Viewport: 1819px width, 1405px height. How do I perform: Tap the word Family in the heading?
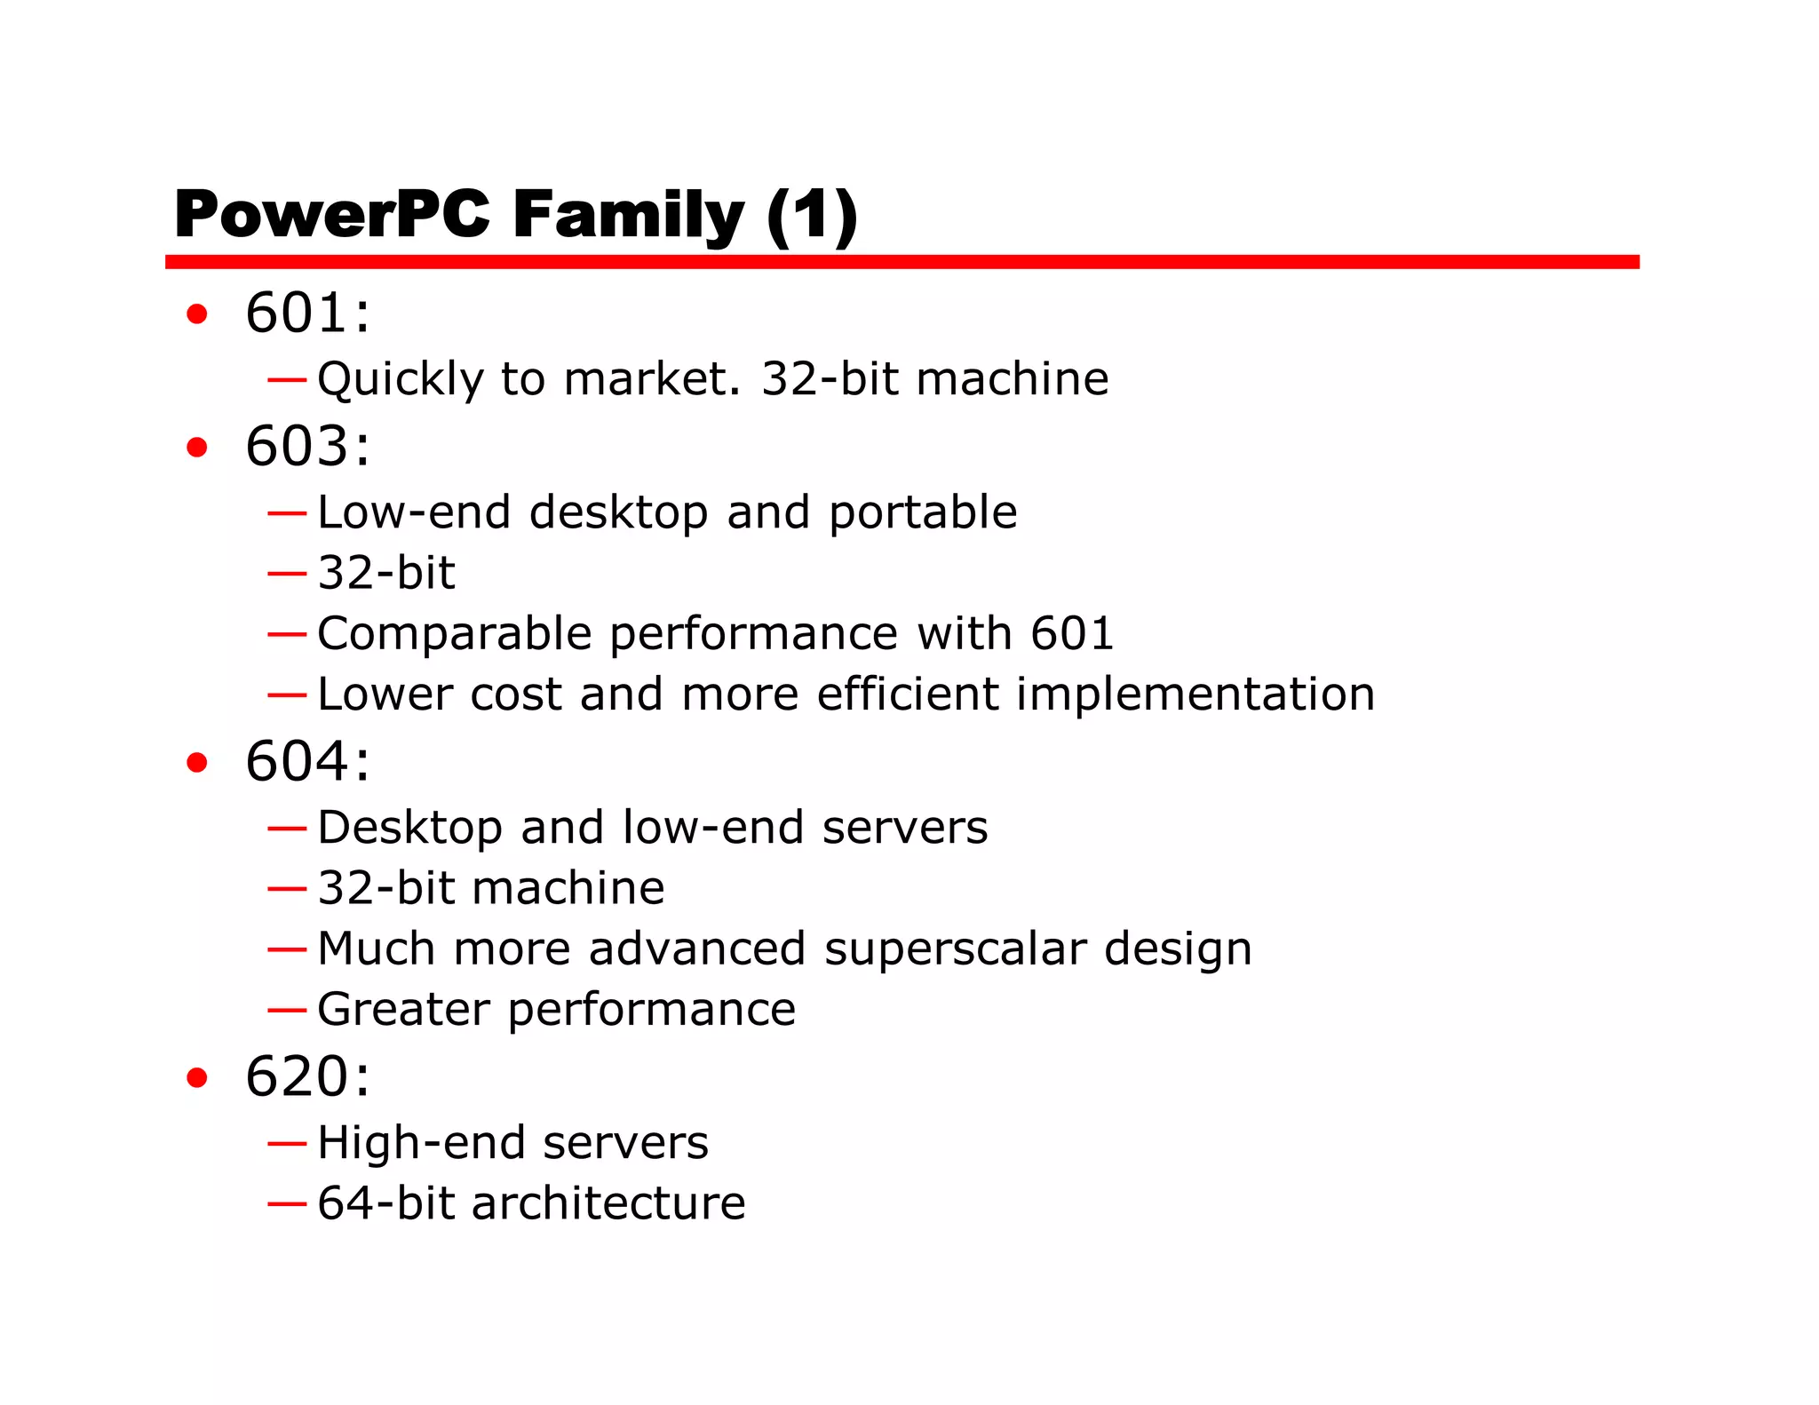coord(628,215)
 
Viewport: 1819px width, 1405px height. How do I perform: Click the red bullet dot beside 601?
coord(197,314)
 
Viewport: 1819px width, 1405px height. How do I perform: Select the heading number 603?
coord(307,446)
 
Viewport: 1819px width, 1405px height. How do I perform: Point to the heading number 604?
coord(307,761)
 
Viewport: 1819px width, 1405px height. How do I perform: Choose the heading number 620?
coord(307,1076)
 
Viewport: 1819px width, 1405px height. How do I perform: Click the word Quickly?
coord(401,380)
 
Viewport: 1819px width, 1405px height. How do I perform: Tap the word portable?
coord(923,513)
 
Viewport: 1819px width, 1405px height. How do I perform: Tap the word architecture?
coord(608,1203)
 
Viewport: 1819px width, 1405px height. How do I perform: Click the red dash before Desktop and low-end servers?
coord(287,829)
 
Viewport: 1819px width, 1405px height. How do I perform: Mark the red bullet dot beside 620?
coord(197,1077)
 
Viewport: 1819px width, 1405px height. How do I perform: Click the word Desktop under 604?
coord(410,829)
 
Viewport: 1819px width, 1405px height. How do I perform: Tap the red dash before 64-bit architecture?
coord(287,1204)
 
